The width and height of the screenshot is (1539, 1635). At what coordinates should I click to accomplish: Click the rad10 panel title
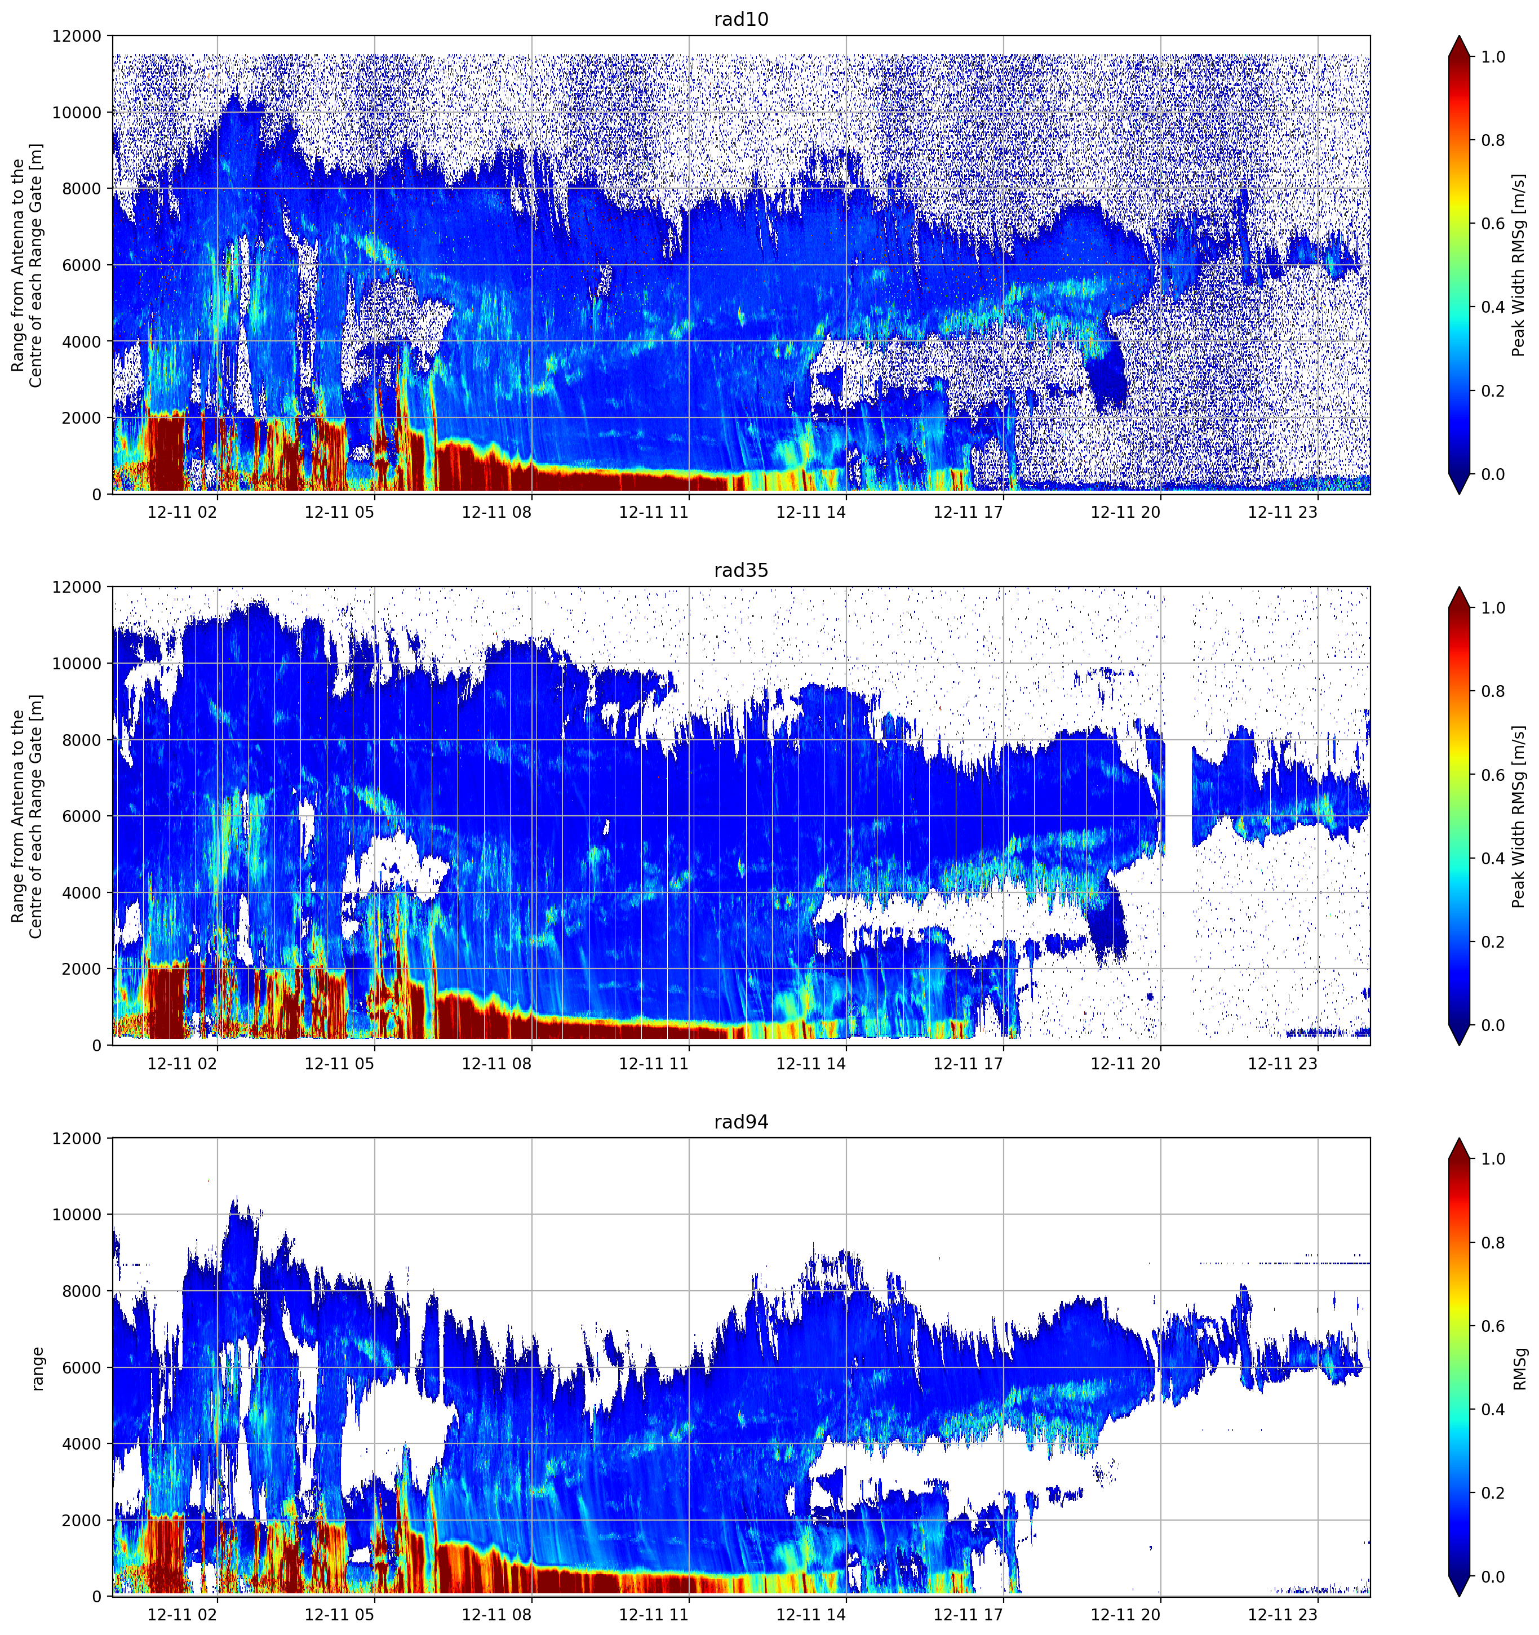740,19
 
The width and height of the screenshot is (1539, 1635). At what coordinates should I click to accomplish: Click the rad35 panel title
740,570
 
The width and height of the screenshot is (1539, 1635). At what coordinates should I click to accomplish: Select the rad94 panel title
740,1121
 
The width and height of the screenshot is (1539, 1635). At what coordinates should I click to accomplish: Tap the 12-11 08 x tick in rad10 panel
497,512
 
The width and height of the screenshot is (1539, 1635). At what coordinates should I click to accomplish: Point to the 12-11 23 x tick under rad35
1283,1063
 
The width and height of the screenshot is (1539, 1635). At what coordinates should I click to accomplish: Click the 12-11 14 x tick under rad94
811,1615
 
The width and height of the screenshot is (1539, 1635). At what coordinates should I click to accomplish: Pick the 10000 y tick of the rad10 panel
77,113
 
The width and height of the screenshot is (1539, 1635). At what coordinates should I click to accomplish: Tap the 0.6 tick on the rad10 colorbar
1493,224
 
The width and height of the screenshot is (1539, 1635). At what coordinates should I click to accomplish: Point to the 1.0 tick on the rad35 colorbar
1493,608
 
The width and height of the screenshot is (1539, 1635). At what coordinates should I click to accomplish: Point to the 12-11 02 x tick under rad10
183,512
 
